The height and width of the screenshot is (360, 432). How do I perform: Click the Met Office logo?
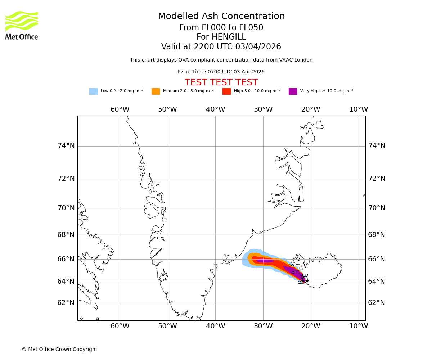pos(22,25)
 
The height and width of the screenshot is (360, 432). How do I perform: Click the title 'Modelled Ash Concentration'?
pos(221,17)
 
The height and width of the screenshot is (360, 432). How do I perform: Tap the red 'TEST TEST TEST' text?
pos(221,83)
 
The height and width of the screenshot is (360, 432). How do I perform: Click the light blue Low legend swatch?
pos(93,91)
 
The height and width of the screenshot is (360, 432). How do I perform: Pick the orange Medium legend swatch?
pos(156,91)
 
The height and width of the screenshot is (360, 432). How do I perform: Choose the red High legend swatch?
pos(226,91)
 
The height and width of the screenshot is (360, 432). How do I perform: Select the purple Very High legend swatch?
pos(293,91)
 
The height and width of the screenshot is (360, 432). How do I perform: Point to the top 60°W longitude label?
pos(120,109)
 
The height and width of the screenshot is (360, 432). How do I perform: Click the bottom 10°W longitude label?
pos(359,326)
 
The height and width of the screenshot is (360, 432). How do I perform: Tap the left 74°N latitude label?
pos(66,146)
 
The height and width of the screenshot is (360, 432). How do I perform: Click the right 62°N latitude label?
pos(377,303)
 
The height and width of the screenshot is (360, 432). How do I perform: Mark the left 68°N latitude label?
pos(66,235)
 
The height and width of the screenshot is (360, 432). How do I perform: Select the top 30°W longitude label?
pos(263,109)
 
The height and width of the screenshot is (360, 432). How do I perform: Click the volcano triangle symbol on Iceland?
pos(305,278)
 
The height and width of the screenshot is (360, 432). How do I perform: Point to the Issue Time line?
pos(221,72)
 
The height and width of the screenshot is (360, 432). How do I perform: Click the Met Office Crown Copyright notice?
pos(59,350)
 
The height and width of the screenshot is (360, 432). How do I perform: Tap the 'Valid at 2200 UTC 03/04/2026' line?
pos(221,47)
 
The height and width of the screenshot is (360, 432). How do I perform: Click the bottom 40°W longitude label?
pos(215,326)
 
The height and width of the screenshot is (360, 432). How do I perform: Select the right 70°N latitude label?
pos(377,208)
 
